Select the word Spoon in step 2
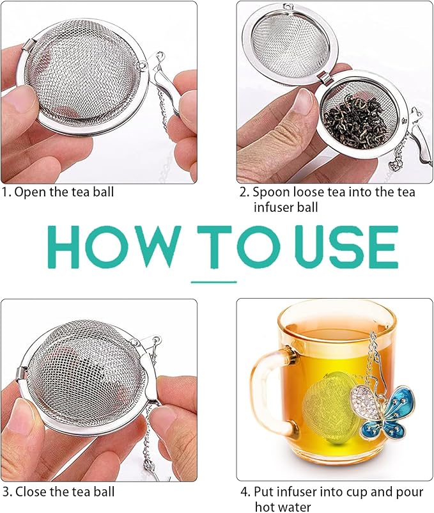270,191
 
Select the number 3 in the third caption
6,492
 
